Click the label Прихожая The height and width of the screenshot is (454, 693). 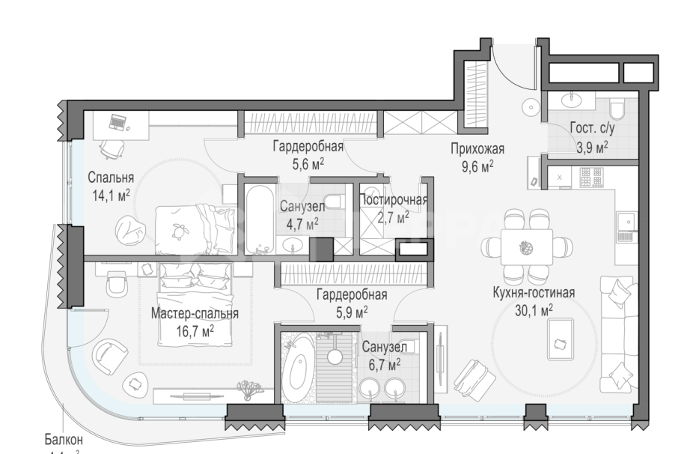477,148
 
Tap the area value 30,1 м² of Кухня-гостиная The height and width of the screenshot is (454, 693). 534,309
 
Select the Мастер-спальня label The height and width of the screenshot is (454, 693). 195,314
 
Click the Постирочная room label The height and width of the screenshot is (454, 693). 394,200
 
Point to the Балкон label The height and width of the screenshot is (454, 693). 63,440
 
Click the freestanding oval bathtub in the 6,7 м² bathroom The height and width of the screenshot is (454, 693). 297,369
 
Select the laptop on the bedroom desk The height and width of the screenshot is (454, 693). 118,121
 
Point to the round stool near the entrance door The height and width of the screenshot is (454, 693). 531,108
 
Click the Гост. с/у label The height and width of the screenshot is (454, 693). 591,128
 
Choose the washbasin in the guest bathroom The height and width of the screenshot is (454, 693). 574,99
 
